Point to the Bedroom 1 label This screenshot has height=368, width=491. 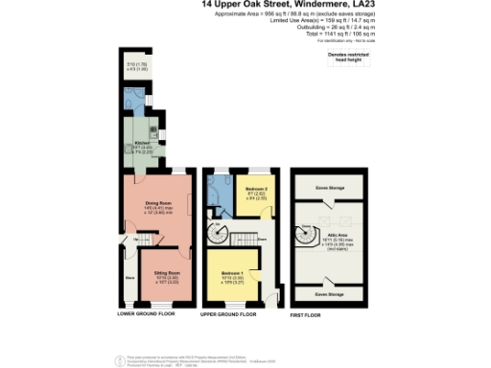[x=230, y=272]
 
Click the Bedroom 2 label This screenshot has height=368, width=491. [x=254, y=189]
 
